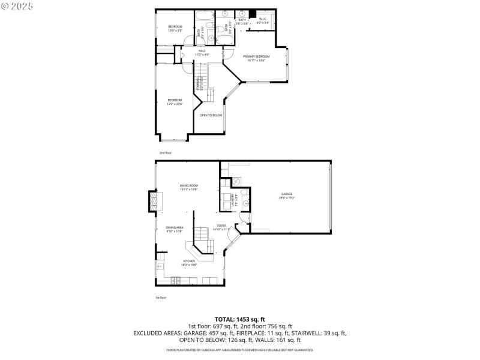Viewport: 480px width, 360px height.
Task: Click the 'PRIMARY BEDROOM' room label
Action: point(256,56)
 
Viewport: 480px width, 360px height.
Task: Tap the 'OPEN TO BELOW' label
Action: point(211,115)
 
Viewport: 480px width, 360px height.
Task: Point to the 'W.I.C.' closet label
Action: point(263,19)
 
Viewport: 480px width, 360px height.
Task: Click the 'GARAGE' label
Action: point(287,194)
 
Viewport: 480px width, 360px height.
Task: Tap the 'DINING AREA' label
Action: point(175,227)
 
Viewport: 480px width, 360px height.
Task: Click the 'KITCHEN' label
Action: point(190,261)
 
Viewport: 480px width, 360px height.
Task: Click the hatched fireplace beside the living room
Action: point(155,201)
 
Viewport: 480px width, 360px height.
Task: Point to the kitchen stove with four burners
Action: point(176,280)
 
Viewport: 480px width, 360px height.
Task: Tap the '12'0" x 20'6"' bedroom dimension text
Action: point(175,104)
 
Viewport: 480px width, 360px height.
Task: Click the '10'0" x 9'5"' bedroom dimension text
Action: point(175,30)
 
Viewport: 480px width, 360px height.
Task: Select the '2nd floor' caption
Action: point(165,153)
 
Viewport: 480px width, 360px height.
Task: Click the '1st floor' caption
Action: point(161,297)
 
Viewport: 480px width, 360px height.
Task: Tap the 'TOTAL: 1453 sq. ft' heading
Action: point(240,319)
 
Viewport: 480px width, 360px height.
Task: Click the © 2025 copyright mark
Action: point(17,5)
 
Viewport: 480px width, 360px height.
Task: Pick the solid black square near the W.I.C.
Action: point(253,14)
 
